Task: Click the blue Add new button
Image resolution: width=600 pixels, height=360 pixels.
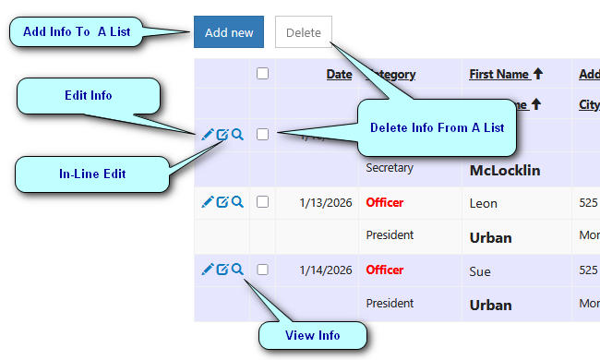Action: (x=229, y=32)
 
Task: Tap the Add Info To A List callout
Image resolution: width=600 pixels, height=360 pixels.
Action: (x=77, y=32)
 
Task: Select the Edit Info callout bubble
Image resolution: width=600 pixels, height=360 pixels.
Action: (x=89, y=95)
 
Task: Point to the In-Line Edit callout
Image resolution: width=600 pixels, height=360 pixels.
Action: (x=89, y=173)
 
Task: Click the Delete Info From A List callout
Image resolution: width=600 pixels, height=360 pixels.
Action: (x=437, y=127)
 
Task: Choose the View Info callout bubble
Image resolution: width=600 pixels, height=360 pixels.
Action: (x=311, y=335)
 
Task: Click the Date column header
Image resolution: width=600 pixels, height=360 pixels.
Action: (x=339, y=75)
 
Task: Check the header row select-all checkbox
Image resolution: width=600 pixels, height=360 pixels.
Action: (x=263, y=74)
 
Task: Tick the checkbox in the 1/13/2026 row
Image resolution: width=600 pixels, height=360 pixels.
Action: (x=263, y=202)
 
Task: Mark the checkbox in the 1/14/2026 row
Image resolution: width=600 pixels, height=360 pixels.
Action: (x=263, y=270)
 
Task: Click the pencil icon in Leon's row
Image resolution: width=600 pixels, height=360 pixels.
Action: (x=208, y=202)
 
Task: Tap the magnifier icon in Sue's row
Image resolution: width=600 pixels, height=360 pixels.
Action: (x=237, y=270)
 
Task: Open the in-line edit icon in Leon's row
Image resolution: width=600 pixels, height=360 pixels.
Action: (x=222, y=202)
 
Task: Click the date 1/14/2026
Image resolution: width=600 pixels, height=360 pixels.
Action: (x=326, y=270)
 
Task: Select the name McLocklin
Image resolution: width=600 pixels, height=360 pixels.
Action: (x=504, y=170)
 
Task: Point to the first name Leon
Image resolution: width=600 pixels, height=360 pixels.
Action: (x=484, y=203)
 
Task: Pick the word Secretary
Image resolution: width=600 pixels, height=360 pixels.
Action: (x=390, y=169)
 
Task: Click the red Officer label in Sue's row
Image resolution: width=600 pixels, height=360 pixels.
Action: (x=385, y=270)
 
